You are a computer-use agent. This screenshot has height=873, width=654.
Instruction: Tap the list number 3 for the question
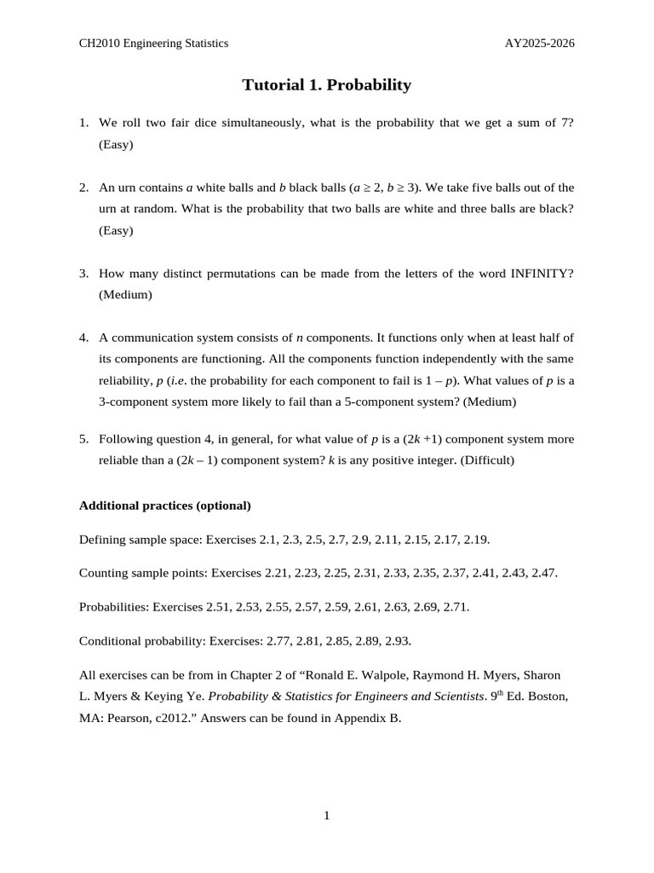[83, 273]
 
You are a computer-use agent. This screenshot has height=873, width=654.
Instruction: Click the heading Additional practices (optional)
[165, 506]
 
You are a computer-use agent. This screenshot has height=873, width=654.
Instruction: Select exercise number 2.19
[473, 540]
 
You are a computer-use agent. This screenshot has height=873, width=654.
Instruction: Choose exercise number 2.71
[453, 607]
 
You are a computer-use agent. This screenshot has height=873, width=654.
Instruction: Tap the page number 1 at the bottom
[327, 816]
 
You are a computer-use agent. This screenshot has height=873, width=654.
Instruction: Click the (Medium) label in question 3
[125, 294]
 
